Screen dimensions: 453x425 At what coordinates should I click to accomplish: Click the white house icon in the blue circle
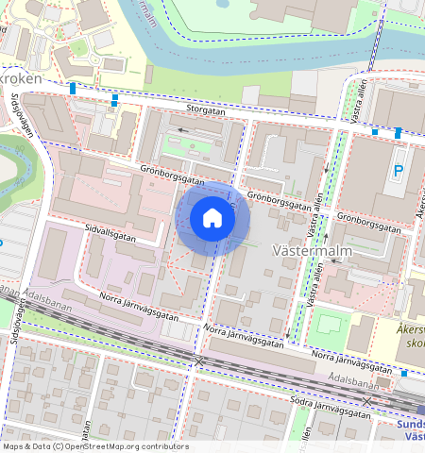tap(212, 218)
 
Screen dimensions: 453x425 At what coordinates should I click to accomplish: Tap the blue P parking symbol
tap(398, 171)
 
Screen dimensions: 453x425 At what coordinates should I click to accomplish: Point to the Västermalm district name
tap(311, 252)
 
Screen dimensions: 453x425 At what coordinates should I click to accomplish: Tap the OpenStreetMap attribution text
tap(95, 446)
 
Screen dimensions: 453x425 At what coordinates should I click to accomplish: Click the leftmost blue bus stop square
tap(73, 88)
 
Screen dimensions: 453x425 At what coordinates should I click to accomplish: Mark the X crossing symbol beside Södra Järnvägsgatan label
tap(367, 400)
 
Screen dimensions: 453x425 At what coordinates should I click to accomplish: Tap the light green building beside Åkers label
tap(328, 324)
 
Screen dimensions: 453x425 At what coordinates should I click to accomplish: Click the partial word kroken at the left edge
tap(21, 79)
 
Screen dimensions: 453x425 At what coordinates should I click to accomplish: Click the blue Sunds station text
tap(407, 426)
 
